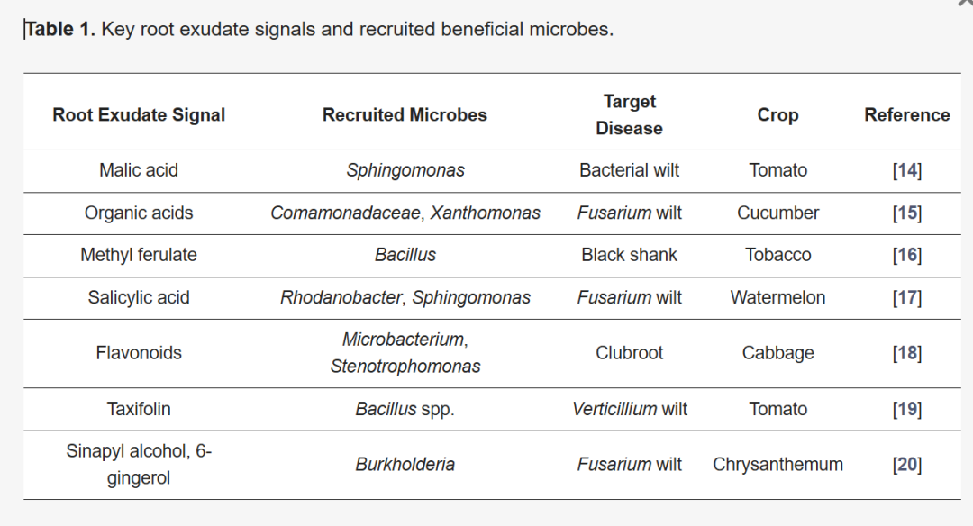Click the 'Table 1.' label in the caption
click(x=59, y=29)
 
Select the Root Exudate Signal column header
click(x=139, y=114)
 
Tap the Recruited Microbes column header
click(x=405, y=114)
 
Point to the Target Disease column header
click(x=629, y=114)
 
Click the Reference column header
click(x=906, y=114)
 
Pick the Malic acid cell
click(x=139, y=170)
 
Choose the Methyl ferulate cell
click(x=139, y=255)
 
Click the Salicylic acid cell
click(x=139, y=298)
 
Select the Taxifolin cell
click(x=139, y=410)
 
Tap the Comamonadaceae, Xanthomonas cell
click(x=405, y=213)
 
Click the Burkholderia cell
click(x=405, y=465)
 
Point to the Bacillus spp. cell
click(x=405, y=410)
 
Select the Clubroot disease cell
click(x=629, y=353)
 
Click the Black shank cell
click(x=629, y=255)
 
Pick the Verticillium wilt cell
click(x=629, y=410)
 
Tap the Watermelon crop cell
click(x=777, y=298)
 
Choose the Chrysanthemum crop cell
click(x=777, y=465)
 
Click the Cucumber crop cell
click(x=777, y=213)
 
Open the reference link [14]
click(x=906, y=170)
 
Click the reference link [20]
click(x=906, y=466)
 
